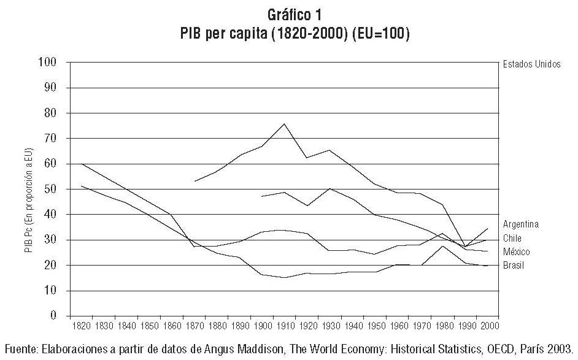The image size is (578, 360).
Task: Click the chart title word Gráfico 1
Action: pyautogui.click(x=287, y=13)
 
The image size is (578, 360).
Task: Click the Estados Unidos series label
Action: pyautogui.click(x=531, y=64)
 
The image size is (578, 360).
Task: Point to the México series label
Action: pyautogui.click(x=515, y=251)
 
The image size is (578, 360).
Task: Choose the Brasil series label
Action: pyautogui.click(x=514, y=265)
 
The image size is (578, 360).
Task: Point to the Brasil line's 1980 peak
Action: pyautogui.click(x=442, y=246)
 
